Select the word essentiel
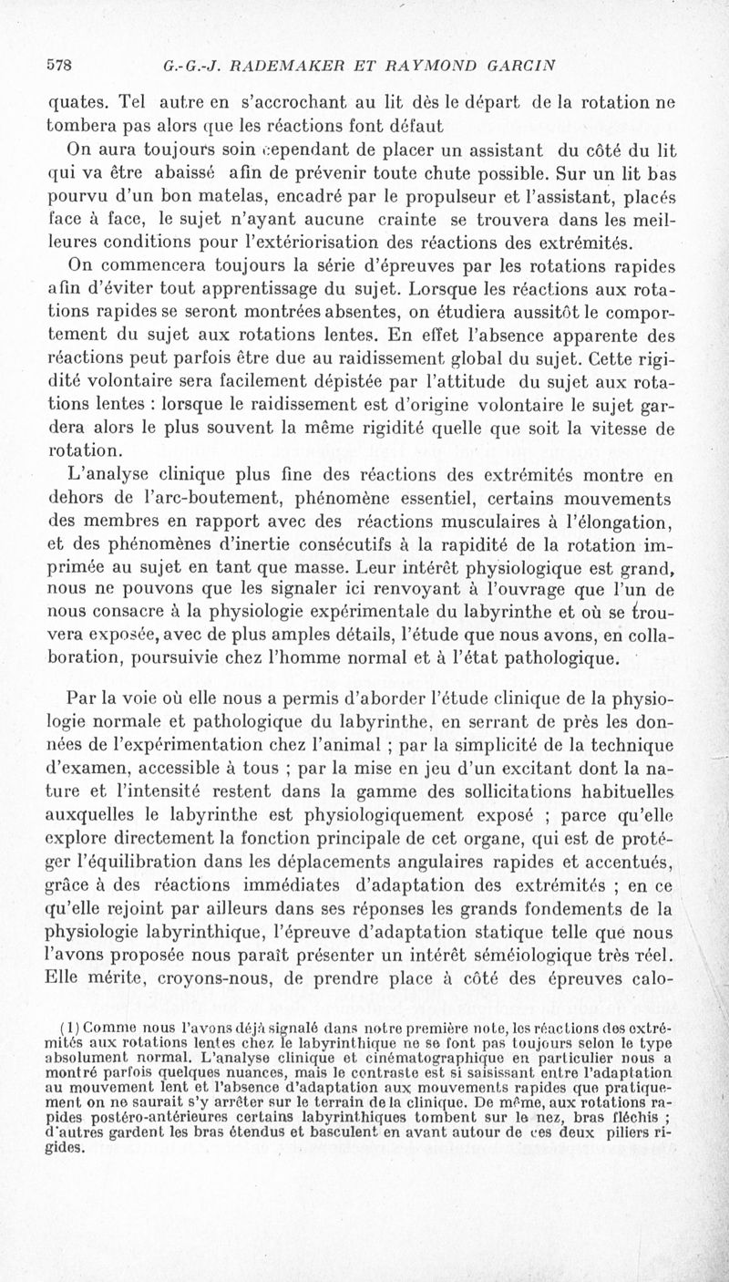tap(414, 500)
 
